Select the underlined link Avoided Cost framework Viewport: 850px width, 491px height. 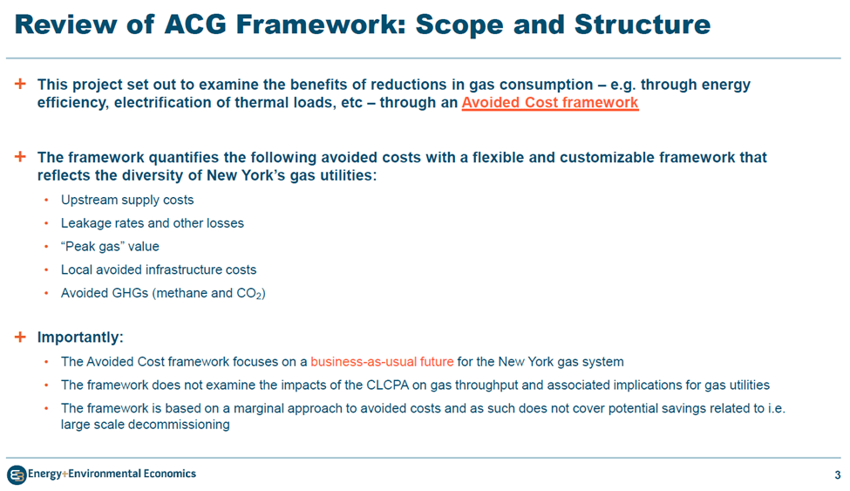pyautogui.click(x=550, y=103)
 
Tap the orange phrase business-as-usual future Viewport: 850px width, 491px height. pyautogui.click(x=382, y=362)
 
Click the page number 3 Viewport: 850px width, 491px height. pyautogui.click(x=838, y=474)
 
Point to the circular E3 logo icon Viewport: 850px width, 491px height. pyautogui.click(x=17, y=475)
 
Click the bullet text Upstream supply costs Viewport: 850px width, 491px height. pyautogui.click(x=127, y=201)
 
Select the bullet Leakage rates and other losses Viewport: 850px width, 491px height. pyautogui.click(x=153, y=223)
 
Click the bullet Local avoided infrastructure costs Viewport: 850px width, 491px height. pyautogui.click(x=159, y=269)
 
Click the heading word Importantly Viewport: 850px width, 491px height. pyautogui.click(x=78, y=338)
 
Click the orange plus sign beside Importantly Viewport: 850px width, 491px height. pyautogui.click(x=20, y=337)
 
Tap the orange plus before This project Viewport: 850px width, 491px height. pyautogui.click(x=20, y=84)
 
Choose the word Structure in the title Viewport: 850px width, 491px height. pyautogui.click(x=642, y=24)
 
